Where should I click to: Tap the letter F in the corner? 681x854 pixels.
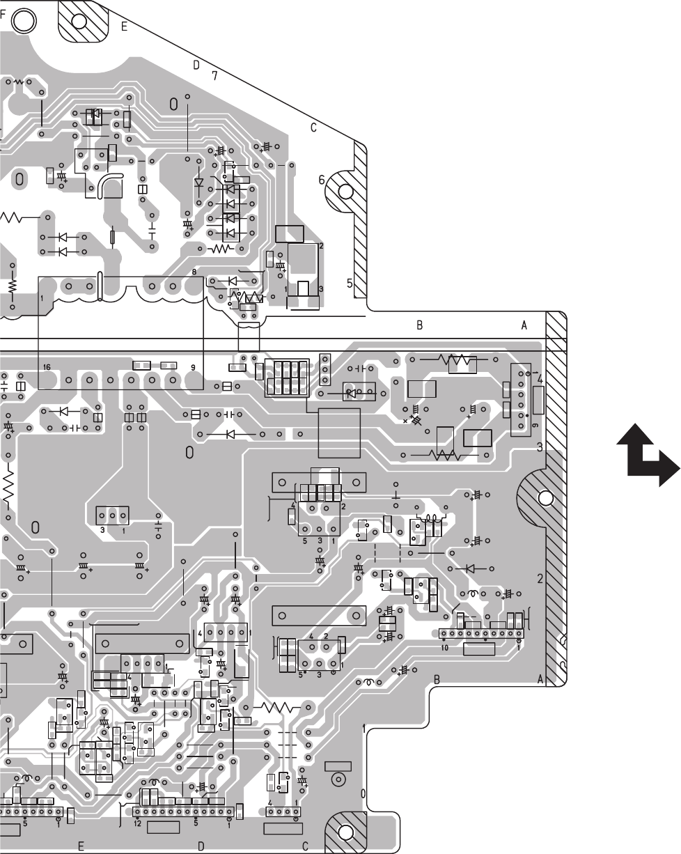click(x=4, y=20)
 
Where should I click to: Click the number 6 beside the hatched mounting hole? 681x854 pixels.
click(x=322, y=179)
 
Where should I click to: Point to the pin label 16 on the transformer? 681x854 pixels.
click(x=47, y=366)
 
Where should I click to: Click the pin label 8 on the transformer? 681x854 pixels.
click(x=194, y=271)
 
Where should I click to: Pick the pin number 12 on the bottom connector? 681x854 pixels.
click(x=138, y=824)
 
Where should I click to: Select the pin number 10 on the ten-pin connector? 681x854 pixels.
click(x=444, y=646)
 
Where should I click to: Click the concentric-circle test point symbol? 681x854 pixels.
click(x=339, y=779)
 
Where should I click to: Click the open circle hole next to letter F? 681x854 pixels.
click(x=25, y=20)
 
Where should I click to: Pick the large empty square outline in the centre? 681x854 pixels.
click(x=338, y=433)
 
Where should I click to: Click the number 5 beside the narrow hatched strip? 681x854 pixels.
click(x=350, y=283)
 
